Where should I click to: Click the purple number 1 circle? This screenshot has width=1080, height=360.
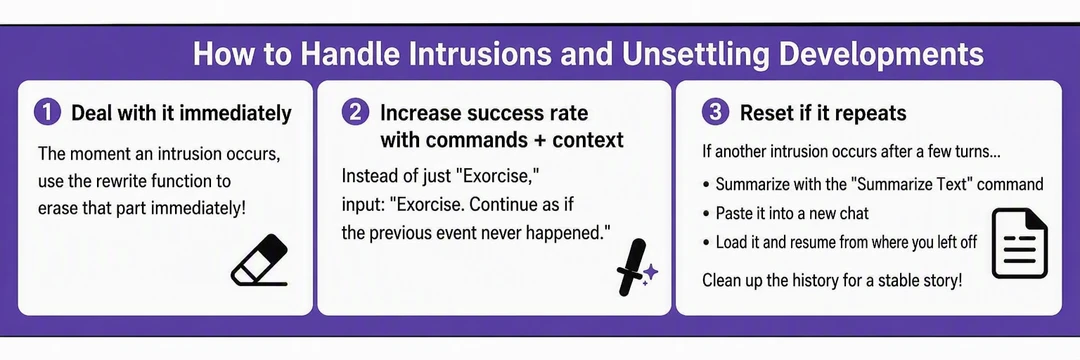click(48, 113)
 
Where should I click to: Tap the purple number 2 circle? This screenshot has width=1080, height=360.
click(355, 113)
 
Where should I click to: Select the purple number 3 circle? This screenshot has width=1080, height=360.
click(716, 113)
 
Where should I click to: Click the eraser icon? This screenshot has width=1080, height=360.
click(260, 260)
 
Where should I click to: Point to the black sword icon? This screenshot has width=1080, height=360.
click(630, 267)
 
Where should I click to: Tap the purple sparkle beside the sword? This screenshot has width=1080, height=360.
click(650, 274)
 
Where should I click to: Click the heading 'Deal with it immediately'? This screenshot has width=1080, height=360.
click(181, 114)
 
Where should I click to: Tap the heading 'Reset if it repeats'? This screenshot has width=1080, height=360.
click(823, 113)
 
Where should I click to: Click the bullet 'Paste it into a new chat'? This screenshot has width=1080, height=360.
click(792, 213)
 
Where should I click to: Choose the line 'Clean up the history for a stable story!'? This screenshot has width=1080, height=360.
click(831, 281)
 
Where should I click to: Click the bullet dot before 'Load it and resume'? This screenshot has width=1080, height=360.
click(707, 243)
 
